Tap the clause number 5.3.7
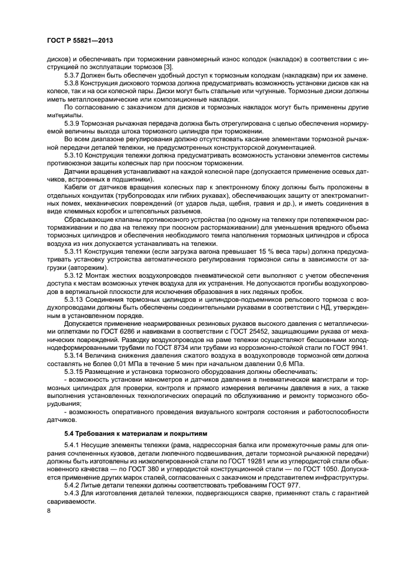[x=73, y=75]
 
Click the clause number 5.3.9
[x=73, y=122]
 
